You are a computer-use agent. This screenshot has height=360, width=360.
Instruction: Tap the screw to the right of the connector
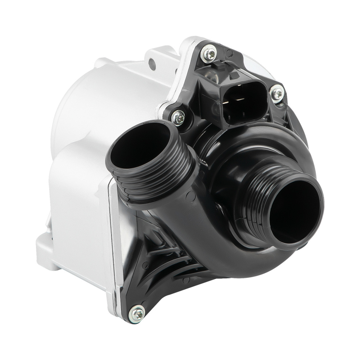tap(277, 94)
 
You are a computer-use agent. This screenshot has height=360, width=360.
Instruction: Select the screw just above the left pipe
tap(178, 117)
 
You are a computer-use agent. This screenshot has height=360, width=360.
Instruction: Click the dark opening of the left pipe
tap(140, 148)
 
